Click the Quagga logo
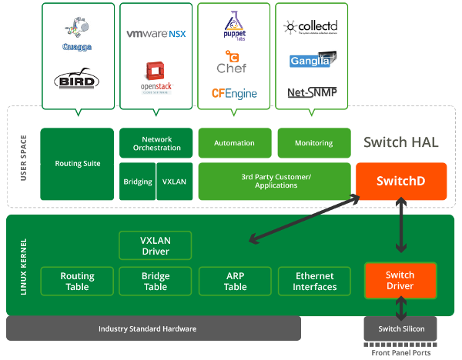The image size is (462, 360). click(x=77, y=34)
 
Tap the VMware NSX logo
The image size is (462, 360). click(x=156, y=34)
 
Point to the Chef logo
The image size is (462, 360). click(x=232, y=62)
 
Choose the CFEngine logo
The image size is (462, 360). click(x=234, y=94)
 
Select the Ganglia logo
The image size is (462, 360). click(x=311, y=60)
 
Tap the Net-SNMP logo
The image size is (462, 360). click(x=311, y=93)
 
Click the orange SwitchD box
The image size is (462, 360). click(x=400, y=182)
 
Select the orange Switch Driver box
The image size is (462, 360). click(x=400, y=281)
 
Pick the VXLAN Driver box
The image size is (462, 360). click(x=155, y=245)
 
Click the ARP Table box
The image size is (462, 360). click(x=235, y=282)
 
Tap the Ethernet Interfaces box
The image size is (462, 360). click(x=314, y=282)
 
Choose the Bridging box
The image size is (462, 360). click(x=137, y=182)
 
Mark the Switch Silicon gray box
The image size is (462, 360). click(x=400, y=328)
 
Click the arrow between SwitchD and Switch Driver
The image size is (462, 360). click(x=400, y=227)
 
